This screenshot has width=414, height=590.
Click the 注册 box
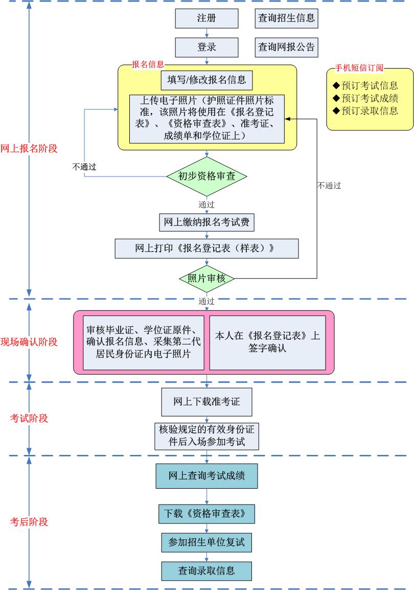(206, 18)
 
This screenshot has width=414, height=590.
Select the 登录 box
(206, 48)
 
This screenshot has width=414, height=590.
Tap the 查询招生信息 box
(286, 18)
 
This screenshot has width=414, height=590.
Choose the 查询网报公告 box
(286, 48)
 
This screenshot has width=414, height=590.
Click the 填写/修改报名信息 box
(206, 80)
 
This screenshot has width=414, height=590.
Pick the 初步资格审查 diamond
(206, 176)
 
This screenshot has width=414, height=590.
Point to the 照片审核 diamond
(206, 278)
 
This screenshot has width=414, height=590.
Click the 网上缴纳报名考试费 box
(206, 223)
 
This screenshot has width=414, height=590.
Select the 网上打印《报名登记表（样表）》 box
(206, 248)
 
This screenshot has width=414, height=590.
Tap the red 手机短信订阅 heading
(359, 68)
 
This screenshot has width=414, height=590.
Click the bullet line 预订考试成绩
(365, 98)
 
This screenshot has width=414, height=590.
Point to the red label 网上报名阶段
(29, 148)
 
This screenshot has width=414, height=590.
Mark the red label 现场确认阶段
(29, 342)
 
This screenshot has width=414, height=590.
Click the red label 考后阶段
(29, 522)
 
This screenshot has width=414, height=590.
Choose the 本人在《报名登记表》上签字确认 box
(267, 342)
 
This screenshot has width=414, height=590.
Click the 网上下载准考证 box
(206, 402)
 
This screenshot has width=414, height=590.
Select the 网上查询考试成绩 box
(206, 476)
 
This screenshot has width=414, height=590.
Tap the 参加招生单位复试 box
(206, 542)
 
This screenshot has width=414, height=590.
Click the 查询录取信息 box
(206, 571)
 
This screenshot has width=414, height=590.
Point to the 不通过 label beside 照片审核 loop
(329, 186)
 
